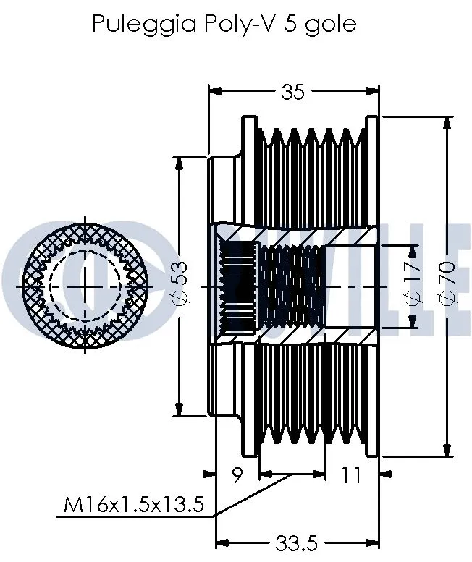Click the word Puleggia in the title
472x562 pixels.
(x=135, y=24)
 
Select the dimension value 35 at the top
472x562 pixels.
(x=292, y=91)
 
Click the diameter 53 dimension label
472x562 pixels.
(x=180, y=285)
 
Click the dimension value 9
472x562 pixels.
(x=237, y=475)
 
